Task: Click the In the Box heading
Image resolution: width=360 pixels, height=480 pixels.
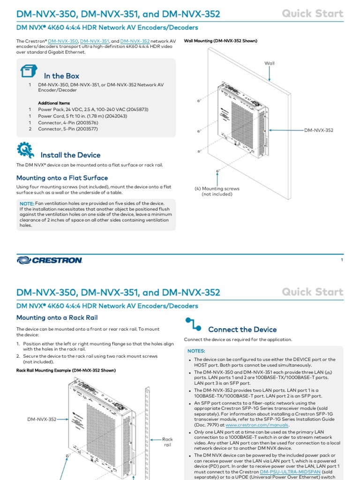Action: click(61, 76)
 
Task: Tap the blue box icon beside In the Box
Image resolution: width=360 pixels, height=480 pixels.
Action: click(28, 72)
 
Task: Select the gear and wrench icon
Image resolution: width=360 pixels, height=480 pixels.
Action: click(25, 150)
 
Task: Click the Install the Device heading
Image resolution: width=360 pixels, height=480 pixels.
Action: click(70, 155)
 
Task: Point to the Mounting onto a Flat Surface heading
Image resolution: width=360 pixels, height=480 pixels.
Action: click(62, 178)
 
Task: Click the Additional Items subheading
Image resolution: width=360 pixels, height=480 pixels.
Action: click(54, 103)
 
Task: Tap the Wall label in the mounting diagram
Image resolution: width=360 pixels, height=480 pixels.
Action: click(270, 63)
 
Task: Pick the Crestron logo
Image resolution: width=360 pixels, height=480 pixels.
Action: click(50, 260)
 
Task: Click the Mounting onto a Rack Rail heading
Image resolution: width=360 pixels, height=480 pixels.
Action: click(57, 318)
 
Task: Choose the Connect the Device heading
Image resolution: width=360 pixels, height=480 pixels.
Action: click(242, 330)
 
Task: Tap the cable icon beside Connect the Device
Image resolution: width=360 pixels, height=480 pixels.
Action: click(193, 324)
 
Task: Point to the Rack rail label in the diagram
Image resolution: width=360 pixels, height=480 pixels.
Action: click(167, 442)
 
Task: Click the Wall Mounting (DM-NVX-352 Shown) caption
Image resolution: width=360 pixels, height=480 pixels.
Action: click(220, 41)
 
